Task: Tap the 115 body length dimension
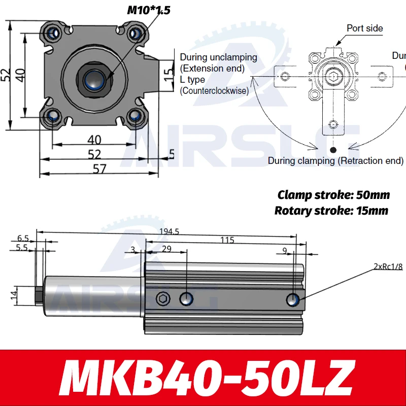point(227,240)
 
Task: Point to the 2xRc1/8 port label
point(388,266)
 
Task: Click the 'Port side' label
point(364,28)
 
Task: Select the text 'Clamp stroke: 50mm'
point(333,195)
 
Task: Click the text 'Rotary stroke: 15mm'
point(331,211)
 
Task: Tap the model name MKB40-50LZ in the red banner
point(203,378)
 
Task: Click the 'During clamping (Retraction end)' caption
point(335,161)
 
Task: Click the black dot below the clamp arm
point(333,149)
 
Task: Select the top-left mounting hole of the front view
point(53,34)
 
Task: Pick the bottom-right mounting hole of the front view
point(135,116)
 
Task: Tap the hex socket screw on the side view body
point(163,299)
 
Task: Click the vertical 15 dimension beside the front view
point(169,75)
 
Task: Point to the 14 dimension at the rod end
point(14,293)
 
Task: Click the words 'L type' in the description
point(192,80)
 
